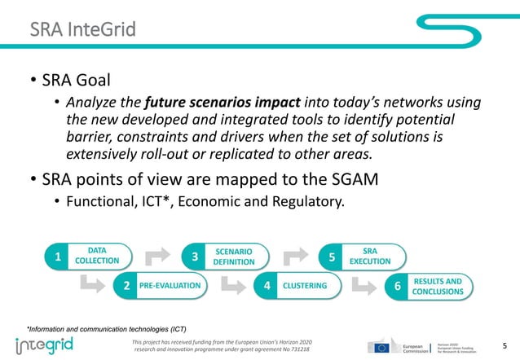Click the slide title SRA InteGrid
click(x=82, y=31)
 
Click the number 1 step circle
click(x=58, y=257)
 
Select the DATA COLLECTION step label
click(x=97, y=256)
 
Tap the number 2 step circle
click(x=127, y=286)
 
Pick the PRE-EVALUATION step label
click(x=170, y=286)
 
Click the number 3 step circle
click(x=195, y=257)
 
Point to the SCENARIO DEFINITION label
click(x=234, y=256)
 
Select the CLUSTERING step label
click(x=304, y=286)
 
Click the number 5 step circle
click(x=332, y=257)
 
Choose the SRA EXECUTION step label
click(x=369, y=256)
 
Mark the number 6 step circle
click(x=397, y=286)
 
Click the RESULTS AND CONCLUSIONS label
click(x=443, y=286)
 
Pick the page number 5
click(x=505, y=346)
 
